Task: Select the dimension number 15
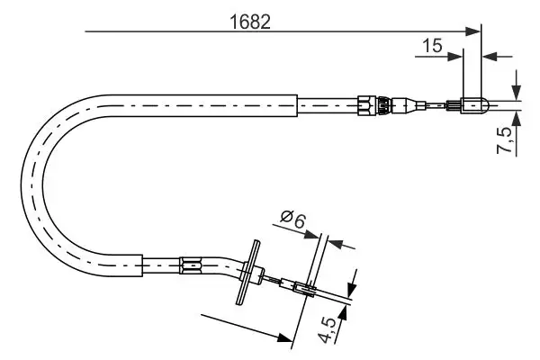pyautogui.click(x=432, y=45)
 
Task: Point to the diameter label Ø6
pyautogui.click(x=292, y=219)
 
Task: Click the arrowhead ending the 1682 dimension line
pyautogui.click(x=475, y=32)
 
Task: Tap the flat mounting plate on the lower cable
pyautogui.click(x=247, y=273)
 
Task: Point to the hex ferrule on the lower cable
pyautogui.click(x=191, y=265)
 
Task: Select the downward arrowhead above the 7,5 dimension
pyautogui.click(x=516, y=92)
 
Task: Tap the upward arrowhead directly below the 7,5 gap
pyautogui.click(x=516, y=117)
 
